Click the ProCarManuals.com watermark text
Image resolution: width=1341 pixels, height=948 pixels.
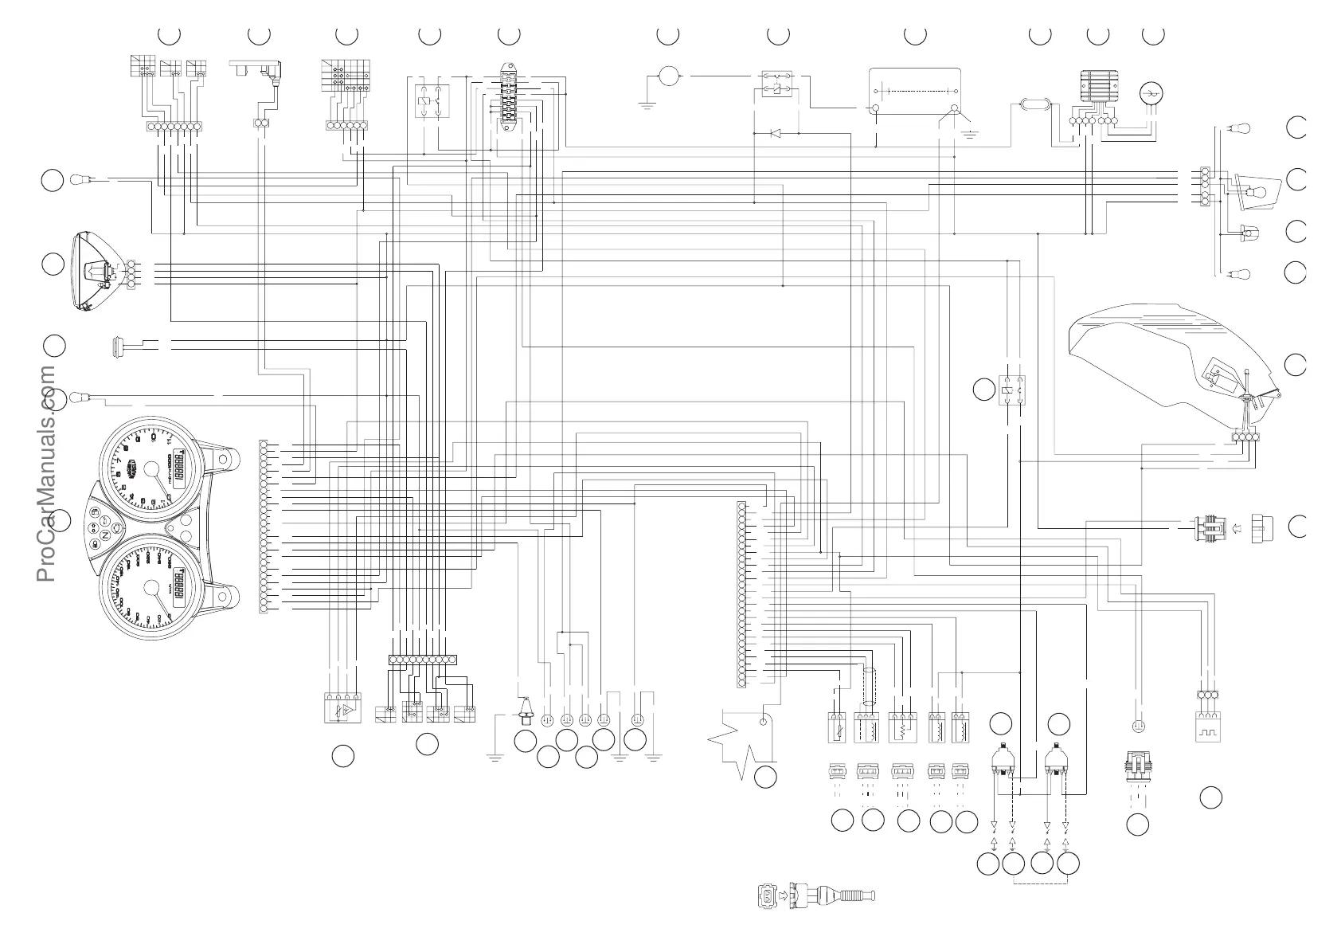pos(45,474)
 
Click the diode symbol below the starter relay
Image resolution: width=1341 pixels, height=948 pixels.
pos(775,133)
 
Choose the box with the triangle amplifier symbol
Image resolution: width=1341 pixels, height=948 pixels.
pos(342,709)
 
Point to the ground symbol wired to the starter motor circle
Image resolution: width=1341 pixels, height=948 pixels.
pos(647,104)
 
